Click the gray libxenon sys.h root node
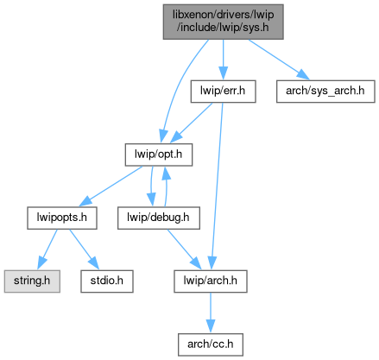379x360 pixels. click(223, 22)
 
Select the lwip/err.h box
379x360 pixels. click(223, 92)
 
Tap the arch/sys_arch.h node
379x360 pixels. click(325, 92)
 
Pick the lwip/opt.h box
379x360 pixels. click(159, 155)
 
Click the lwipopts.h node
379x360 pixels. click(62, 218)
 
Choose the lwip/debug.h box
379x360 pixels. click(159, 218)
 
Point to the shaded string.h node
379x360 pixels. click(32, 281)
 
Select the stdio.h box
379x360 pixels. click(107, 281)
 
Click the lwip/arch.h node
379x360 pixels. click(211, 281)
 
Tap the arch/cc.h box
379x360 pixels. click(211, 344)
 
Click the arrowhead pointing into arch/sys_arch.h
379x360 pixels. click(303, 75)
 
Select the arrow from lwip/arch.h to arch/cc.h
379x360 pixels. click(211, 313)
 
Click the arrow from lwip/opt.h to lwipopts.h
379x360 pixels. click(111, 186)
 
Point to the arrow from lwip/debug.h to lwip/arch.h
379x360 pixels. click(184, 249)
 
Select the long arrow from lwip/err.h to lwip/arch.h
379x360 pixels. click(217, 186)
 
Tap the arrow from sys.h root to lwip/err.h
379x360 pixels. click(223, 60)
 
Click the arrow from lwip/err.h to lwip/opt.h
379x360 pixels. click(192, 123)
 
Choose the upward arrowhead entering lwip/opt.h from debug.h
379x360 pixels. click(165, 173)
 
